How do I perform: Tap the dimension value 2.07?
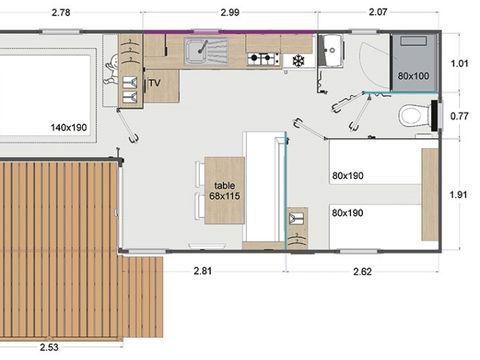pyautogui.click(x=378, y=12)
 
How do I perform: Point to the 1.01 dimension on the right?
pyautogui.click(x=461, y=63)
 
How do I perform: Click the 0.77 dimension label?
pyautogui.click(x=461, y=117)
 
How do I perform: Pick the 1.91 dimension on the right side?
pyautogui.click(x=461, y=195)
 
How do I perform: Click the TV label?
pyautogui.click(x=154, y=83)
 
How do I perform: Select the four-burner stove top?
pyautogui.click(x=262, y=59)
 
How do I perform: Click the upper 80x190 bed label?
pyautogui.click(x=349, y=176)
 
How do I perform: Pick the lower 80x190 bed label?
pyautogui.click(x=349, y=212)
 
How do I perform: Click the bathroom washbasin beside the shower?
pyautogui.click(x=332, y=49)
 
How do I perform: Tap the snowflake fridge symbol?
pyautogui.click(x=298, y=61)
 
